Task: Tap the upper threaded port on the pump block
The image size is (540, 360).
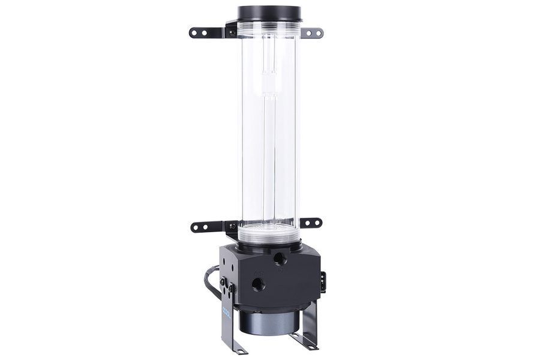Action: (280, 259)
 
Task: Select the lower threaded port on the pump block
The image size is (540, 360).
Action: (259, 283)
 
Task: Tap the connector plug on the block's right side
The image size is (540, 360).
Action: (323, 282)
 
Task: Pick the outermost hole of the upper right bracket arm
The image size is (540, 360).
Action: (318, 33)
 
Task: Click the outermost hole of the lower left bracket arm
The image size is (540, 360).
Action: (196, 227)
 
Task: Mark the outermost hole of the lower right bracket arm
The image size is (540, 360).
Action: (317, 223)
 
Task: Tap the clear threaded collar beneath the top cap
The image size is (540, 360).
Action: (269, 29)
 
